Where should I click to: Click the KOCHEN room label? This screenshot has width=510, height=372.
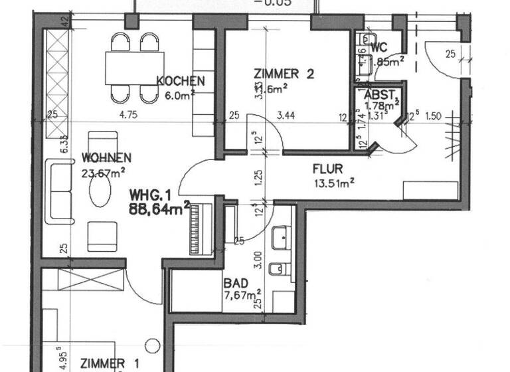pyautogui.click(x=180, y=81)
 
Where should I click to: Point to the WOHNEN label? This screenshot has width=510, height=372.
pyautogui.click(x=106, y=157)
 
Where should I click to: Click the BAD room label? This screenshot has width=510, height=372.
pyautogui.click(x=236, y=282)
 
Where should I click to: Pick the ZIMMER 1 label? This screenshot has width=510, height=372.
pyautogui.click(x=110, y=363)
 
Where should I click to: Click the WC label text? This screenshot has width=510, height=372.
pyautogui.click(x=380, y=47)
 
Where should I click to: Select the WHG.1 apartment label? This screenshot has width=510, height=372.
pyautogui.click(x=151, y=196)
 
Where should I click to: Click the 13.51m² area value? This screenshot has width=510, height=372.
pyautogui.click(x=333, y=182)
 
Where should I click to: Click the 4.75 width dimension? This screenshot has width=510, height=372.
pyautogui.click(x=131, y=115)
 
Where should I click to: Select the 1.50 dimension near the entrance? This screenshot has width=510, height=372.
pyautogui.click(x=432, y=115)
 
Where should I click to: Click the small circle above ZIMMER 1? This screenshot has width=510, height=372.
pyautogui.click(x=153, y=345)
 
